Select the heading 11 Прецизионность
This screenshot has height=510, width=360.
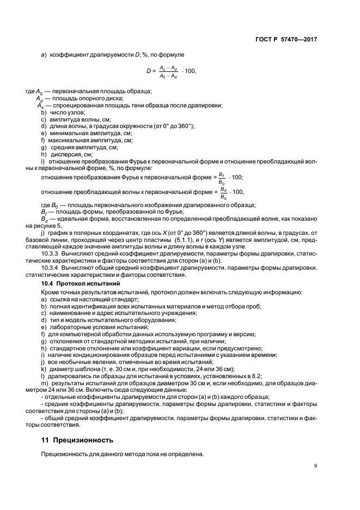point(74,439)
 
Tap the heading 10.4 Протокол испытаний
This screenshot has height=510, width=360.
point(80,284)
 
